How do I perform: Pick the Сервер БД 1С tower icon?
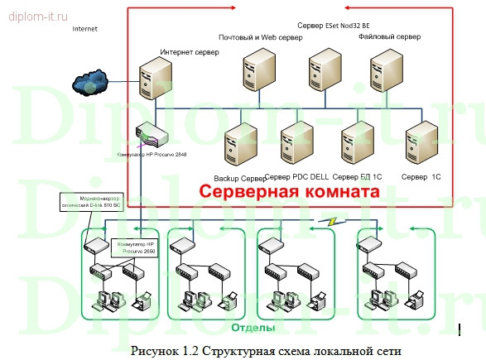point(359,144)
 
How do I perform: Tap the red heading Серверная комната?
point(286,192)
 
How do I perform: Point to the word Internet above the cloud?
point(84,28)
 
